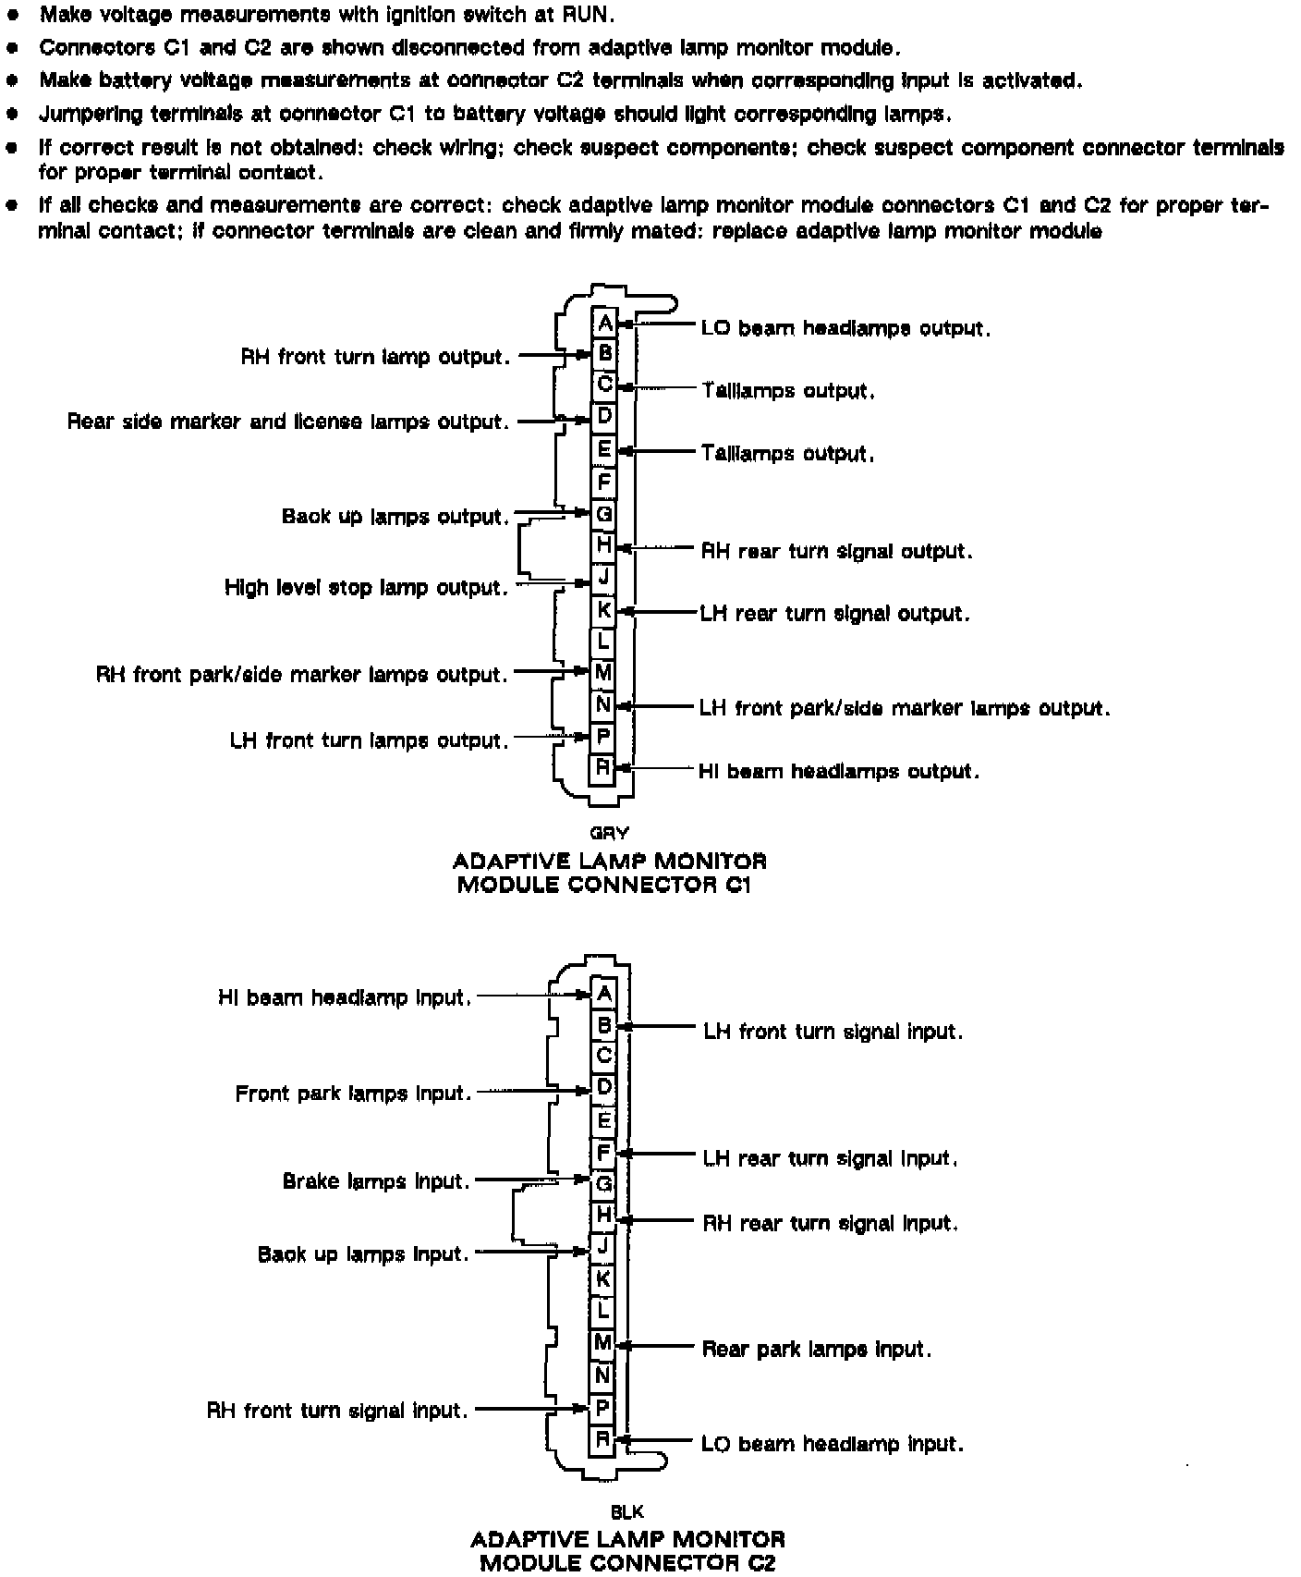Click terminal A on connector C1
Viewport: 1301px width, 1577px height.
pyautogui.click(x=603, y=324)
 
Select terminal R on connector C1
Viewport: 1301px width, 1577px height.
pyautogui.click(x=603, y=767)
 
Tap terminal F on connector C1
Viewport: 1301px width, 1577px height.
pyautogui.click(x=603, y=482)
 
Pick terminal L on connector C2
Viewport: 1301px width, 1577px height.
pyautogui.click(x=603, y=1310)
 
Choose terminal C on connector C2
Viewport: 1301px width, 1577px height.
pyautogui.click(x=603, y=1056)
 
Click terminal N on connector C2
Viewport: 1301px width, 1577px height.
pyautogui.click(x=603, y=1376)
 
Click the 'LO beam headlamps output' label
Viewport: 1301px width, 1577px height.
pyautogui.click(x=845, y=328)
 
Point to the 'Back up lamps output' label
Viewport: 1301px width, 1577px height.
pyautogui.click(x=395, y=516)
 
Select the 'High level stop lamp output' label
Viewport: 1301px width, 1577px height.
pyautogui.click(x=366, y=588)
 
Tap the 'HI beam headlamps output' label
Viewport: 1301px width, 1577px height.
pyautogui.click(x=839, y=771)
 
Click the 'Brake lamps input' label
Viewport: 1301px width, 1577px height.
pyautogui.click(x=376, y=1181)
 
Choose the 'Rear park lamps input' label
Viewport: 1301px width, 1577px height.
pyautogui.click(x=817, y=1350)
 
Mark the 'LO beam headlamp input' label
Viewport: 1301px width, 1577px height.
pyautogui.click(x=833, y=1444)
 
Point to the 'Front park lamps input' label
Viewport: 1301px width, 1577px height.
pyautogui.click(x=353, y=1094)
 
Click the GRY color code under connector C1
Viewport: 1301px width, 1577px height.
pyautogui.click(x=609, y=833)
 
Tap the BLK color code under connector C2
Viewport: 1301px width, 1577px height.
pyautogui.click(x=627, y=1512)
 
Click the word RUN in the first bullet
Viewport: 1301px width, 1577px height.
pyautogui.click(x=588, y=15)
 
